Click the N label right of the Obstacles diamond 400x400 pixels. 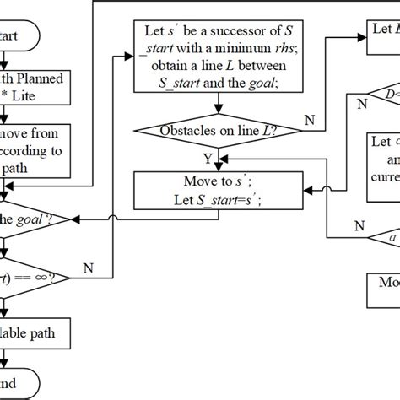[x=309, y=121]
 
